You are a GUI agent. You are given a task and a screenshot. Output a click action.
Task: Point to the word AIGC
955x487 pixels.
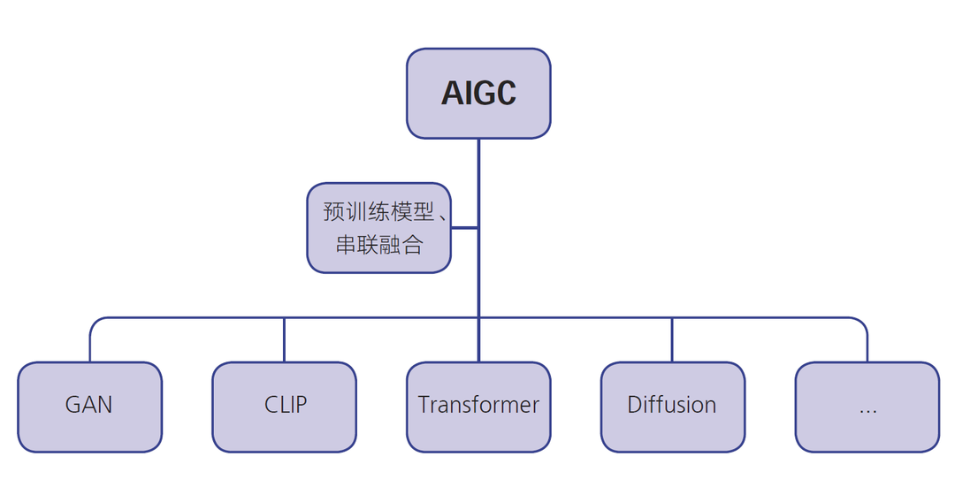tap(478, 94)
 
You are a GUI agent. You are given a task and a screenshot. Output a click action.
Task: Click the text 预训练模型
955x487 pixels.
tap(378, 212)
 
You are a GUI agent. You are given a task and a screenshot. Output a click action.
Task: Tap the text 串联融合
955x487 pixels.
tap(378, 244)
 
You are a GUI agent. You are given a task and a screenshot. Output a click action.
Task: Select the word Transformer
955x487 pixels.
tap(478, 405)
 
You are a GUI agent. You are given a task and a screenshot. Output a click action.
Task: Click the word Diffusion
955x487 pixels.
tap(672, 405)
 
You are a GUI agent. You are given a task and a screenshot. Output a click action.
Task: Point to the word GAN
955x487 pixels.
tap(89, 405)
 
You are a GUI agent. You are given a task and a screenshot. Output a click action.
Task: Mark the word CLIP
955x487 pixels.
tap(286, 405)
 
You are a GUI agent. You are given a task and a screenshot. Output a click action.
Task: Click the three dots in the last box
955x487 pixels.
tap(867, 410)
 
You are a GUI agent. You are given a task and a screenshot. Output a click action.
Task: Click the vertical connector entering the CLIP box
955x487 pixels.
tap(284, 340)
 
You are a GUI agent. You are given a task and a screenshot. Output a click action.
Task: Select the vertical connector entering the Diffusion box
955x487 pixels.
tap(672, 340)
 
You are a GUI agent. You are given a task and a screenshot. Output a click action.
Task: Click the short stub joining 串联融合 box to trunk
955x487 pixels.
tap(465, 228)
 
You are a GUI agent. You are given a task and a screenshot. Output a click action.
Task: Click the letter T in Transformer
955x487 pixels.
tap(424, 405)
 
